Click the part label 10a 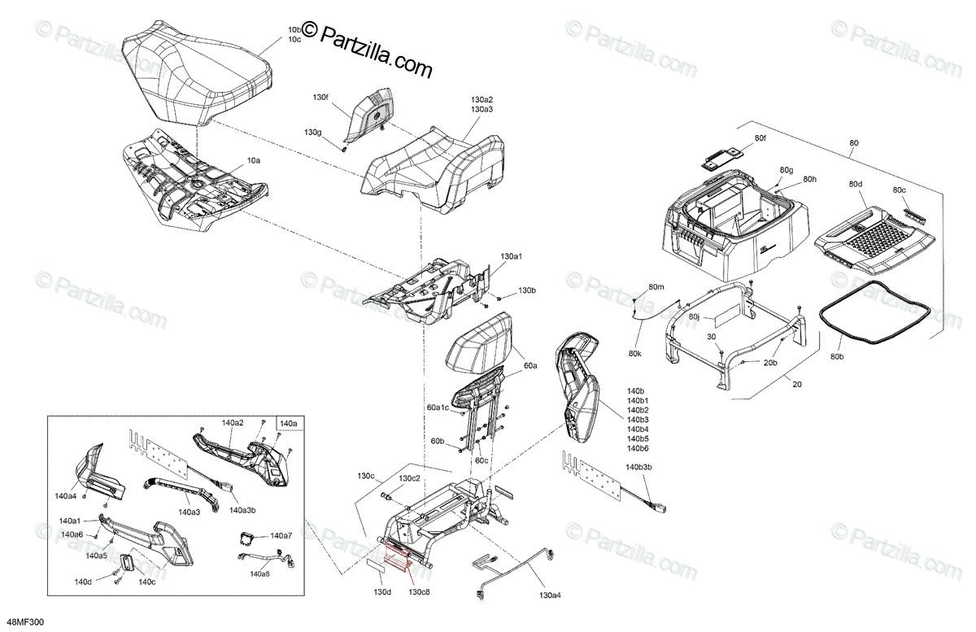[x=254, y=162]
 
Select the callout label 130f [x=321, y=97]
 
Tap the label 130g [x=313, y=132]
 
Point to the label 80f [x=760, y=139]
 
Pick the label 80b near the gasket [x=837, y=355]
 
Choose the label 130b [x=527, y=290]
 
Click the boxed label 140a [x=289, y=423]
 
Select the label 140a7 [x=281, y=536]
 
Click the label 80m [x=656, y=288]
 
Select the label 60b [x=438, y=440]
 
